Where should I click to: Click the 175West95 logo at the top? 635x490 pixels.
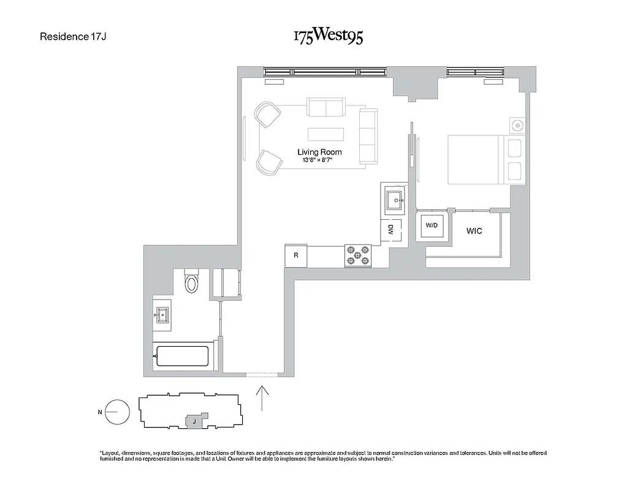pyautogui.click(x=328, y=36)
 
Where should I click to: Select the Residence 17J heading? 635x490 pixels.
pyautogui.click(x=74, y=36)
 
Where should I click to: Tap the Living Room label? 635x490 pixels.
pyautogui.click(x=319, y=152)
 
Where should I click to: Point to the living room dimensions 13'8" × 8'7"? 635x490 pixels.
pyautogui.click(x=319, y=160)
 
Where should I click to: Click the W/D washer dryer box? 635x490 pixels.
pyautogui.click(x=432, y=226)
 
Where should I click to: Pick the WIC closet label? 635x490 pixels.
pyautogui.click(x=474, y=231)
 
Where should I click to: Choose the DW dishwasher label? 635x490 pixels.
pyautogui.click(x=390, y=230)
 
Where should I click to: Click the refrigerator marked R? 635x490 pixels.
pyautogui.click(x=295, y=255)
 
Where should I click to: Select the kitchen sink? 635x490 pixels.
pyautogui.click(x=394, y=200)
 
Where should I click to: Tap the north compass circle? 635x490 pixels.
pyautogui.click(x=118, y=412)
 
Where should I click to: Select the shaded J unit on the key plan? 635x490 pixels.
pyautogui.click(x=194, y=421)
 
